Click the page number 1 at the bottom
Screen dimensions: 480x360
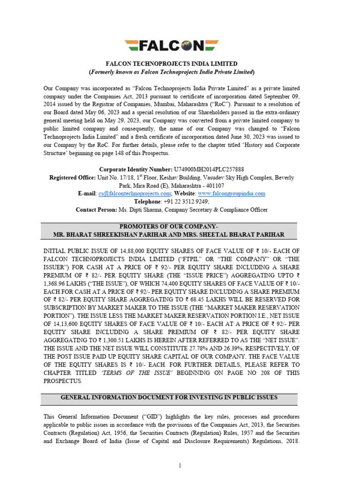(180, 465)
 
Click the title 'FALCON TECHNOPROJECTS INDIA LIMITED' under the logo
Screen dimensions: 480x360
(172, 64)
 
